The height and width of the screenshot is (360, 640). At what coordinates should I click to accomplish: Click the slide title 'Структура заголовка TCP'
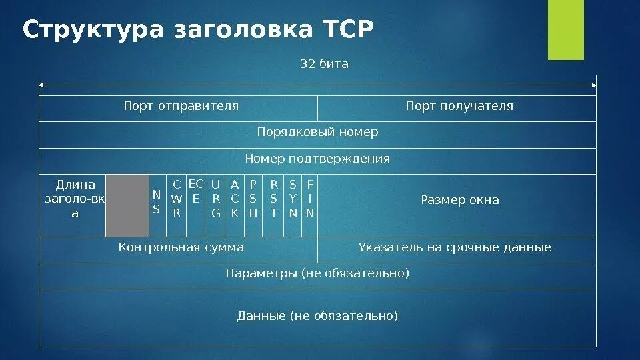point(199,30)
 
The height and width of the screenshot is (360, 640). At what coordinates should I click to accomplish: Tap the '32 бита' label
point(325,64)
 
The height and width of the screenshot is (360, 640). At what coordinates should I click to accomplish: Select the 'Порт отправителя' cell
point(181,106)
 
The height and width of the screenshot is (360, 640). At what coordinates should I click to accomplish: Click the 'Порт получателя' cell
point(459,106)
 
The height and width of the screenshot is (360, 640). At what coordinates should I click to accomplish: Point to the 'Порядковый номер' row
point(317,132)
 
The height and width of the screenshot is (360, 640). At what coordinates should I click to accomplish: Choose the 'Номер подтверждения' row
point(317,159)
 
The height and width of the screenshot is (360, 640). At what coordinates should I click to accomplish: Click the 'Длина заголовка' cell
point(75,199)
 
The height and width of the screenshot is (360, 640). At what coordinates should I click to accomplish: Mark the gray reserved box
point(127,205)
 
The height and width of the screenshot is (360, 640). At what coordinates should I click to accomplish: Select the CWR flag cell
point(177,199)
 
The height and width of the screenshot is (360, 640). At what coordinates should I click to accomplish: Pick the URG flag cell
point(215,199)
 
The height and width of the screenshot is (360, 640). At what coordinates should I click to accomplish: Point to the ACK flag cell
point(235,199)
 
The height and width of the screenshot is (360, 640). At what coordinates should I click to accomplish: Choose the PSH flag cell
point(253,199)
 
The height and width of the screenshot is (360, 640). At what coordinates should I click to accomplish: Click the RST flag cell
point(274,199)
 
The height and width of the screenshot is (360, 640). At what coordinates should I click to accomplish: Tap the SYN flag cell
point(293,199)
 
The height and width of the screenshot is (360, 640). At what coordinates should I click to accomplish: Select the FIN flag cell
point(310,199)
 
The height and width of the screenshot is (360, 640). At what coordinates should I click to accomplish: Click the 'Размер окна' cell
point(459,200)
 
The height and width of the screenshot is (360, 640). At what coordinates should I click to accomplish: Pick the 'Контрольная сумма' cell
point(181,247)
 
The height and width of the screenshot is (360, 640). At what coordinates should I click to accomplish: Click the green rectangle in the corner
point(565,30)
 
